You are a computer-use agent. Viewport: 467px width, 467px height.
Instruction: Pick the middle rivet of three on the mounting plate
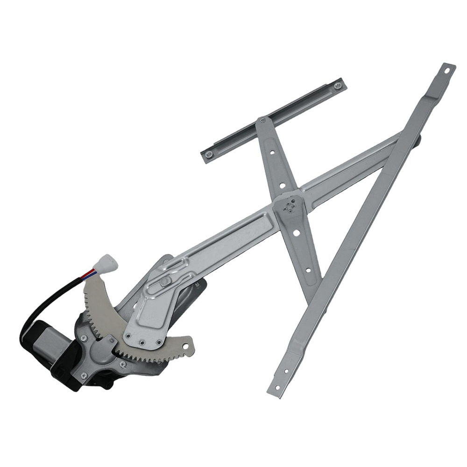142,343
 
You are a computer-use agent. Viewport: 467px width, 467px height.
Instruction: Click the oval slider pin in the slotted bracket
164,282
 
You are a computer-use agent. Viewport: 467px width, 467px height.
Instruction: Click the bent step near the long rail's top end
432,96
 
